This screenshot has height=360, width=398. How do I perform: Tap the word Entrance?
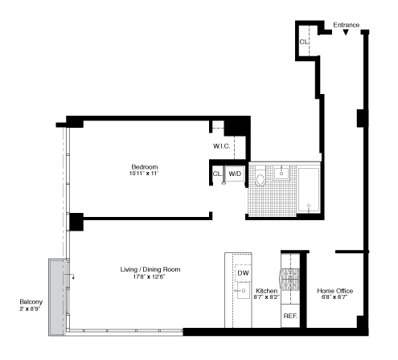click(347, 24)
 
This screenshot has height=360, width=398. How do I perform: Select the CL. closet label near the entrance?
click(304, 42)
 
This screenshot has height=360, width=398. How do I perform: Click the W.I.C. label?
click(223, 146)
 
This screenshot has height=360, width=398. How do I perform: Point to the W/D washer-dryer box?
click(235, 173)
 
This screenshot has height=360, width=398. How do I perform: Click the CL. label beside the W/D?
click(217, 173)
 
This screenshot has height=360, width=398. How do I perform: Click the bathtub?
click(309, 190)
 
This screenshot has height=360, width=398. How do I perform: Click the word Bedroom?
click(145, 166)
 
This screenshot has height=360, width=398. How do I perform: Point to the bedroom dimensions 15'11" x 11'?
click(145, 174)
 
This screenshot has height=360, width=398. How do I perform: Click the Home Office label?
click(334, 290)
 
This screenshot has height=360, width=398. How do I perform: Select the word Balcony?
click(32, 303)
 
